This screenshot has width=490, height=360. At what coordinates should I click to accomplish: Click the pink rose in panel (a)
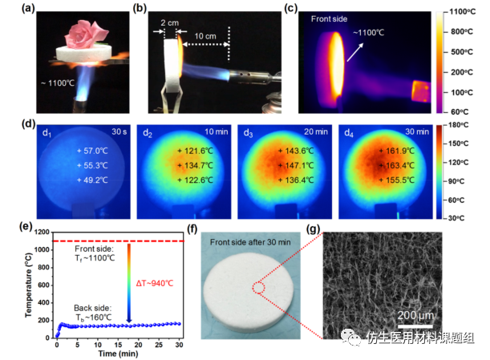pos(87,34)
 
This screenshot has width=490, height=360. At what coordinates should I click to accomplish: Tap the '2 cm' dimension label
pos(170,23)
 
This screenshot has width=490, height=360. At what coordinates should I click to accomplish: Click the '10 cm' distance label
pos(205,36)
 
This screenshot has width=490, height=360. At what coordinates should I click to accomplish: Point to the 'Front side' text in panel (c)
pos(329,19)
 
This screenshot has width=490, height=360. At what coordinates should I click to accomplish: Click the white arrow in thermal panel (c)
pos(355,52)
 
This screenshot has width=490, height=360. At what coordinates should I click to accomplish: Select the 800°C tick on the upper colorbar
pos(462,31)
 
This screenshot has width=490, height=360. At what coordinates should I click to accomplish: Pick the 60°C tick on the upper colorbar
pos(460,111)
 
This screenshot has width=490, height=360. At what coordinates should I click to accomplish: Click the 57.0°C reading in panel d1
pos(95,151)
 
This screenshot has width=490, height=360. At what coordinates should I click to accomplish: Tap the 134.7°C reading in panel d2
pos(198,165)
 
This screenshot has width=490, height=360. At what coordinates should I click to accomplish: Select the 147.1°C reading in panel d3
pos(299,165)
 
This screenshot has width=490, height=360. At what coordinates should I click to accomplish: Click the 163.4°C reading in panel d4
pos(400,165)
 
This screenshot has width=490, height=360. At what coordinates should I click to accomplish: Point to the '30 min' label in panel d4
pos(417,131)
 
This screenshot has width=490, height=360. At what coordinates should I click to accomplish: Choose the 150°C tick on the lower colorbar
pos(458,144)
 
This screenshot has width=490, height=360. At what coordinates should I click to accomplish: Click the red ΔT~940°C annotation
pos(155,284)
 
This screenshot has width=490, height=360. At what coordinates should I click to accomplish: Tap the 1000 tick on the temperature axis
pos(42,249)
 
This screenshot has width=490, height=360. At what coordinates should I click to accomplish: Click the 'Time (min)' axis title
pos(118,354)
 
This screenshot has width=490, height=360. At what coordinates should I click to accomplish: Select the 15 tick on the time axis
pos(118,345)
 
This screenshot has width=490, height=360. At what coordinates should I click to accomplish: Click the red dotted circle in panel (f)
pos(259,287)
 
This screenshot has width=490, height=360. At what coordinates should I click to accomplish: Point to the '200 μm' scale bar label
pos(415,315)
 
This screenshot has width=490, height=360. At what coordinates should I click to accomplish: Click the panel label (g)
pos(314,229)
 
